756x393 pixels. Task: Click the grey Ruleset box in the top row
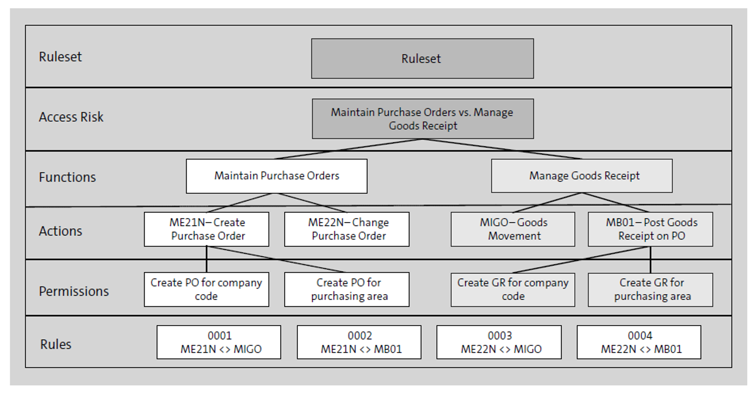422,58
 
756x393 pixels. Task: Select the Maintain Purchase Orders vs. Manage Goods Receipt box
422,119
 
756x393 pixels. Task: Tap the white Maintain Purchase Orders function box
277,176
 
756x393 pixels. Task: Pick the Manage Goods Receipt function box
581,176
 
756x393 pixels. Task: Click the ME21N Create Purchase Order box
207,229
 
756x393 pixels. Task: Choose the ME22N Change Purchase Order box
347,229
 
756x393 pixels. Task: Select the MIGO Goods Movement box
513,229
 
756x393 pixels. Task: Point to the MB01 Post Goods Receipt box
650,229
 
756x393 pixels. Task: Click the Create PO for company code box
207,290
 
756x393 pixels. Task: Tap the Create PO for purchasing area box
347,290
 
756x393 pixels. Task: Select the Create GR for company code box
513,290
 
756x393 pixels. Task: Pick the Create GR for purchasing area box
650,290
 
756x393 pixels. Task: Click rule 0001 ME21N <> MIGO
219,342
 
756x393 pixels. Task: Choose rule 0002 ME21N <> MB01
359,342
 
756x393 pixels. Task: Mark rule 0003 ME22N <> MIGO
499,342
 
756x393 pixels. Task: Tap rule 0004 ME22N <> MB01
639,342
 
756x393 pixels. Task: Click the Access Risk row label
71,117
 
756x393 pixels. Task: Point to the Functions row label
67,177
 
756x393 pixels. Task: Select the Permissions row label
74,291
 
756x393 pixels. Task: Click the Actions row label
60,231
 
